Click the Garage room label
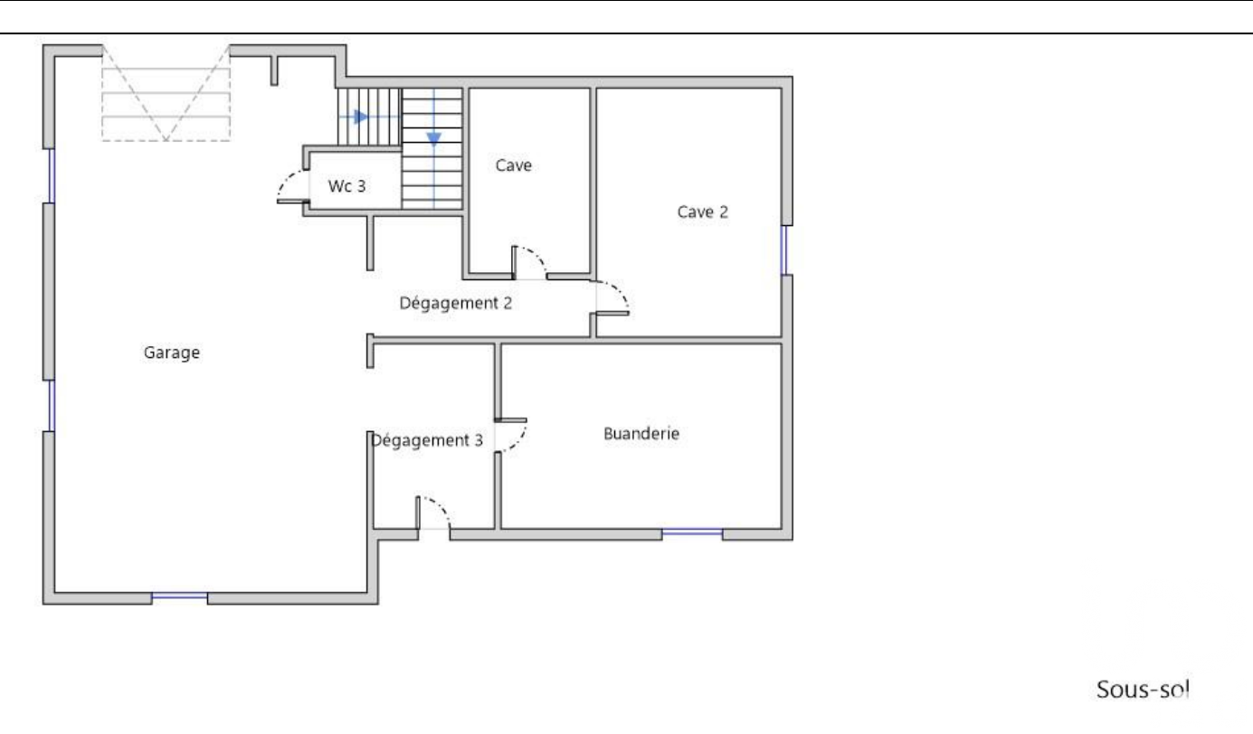172,353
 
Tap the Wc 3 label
346,185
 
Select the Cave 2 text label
703,212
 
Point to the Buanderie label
641,433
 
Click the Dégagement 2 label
455,303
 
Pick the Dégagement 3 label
427,440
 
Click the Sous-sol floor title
1143,690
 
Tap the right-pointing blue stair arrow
361,117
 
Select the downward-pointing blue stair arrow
434,138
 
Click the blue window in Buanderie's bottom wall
692,532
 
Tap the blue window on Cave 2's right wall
784,249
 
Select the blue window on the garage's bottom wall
179,596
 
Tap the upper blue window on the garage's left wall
52,175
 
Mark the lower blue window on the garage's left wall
52,405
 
